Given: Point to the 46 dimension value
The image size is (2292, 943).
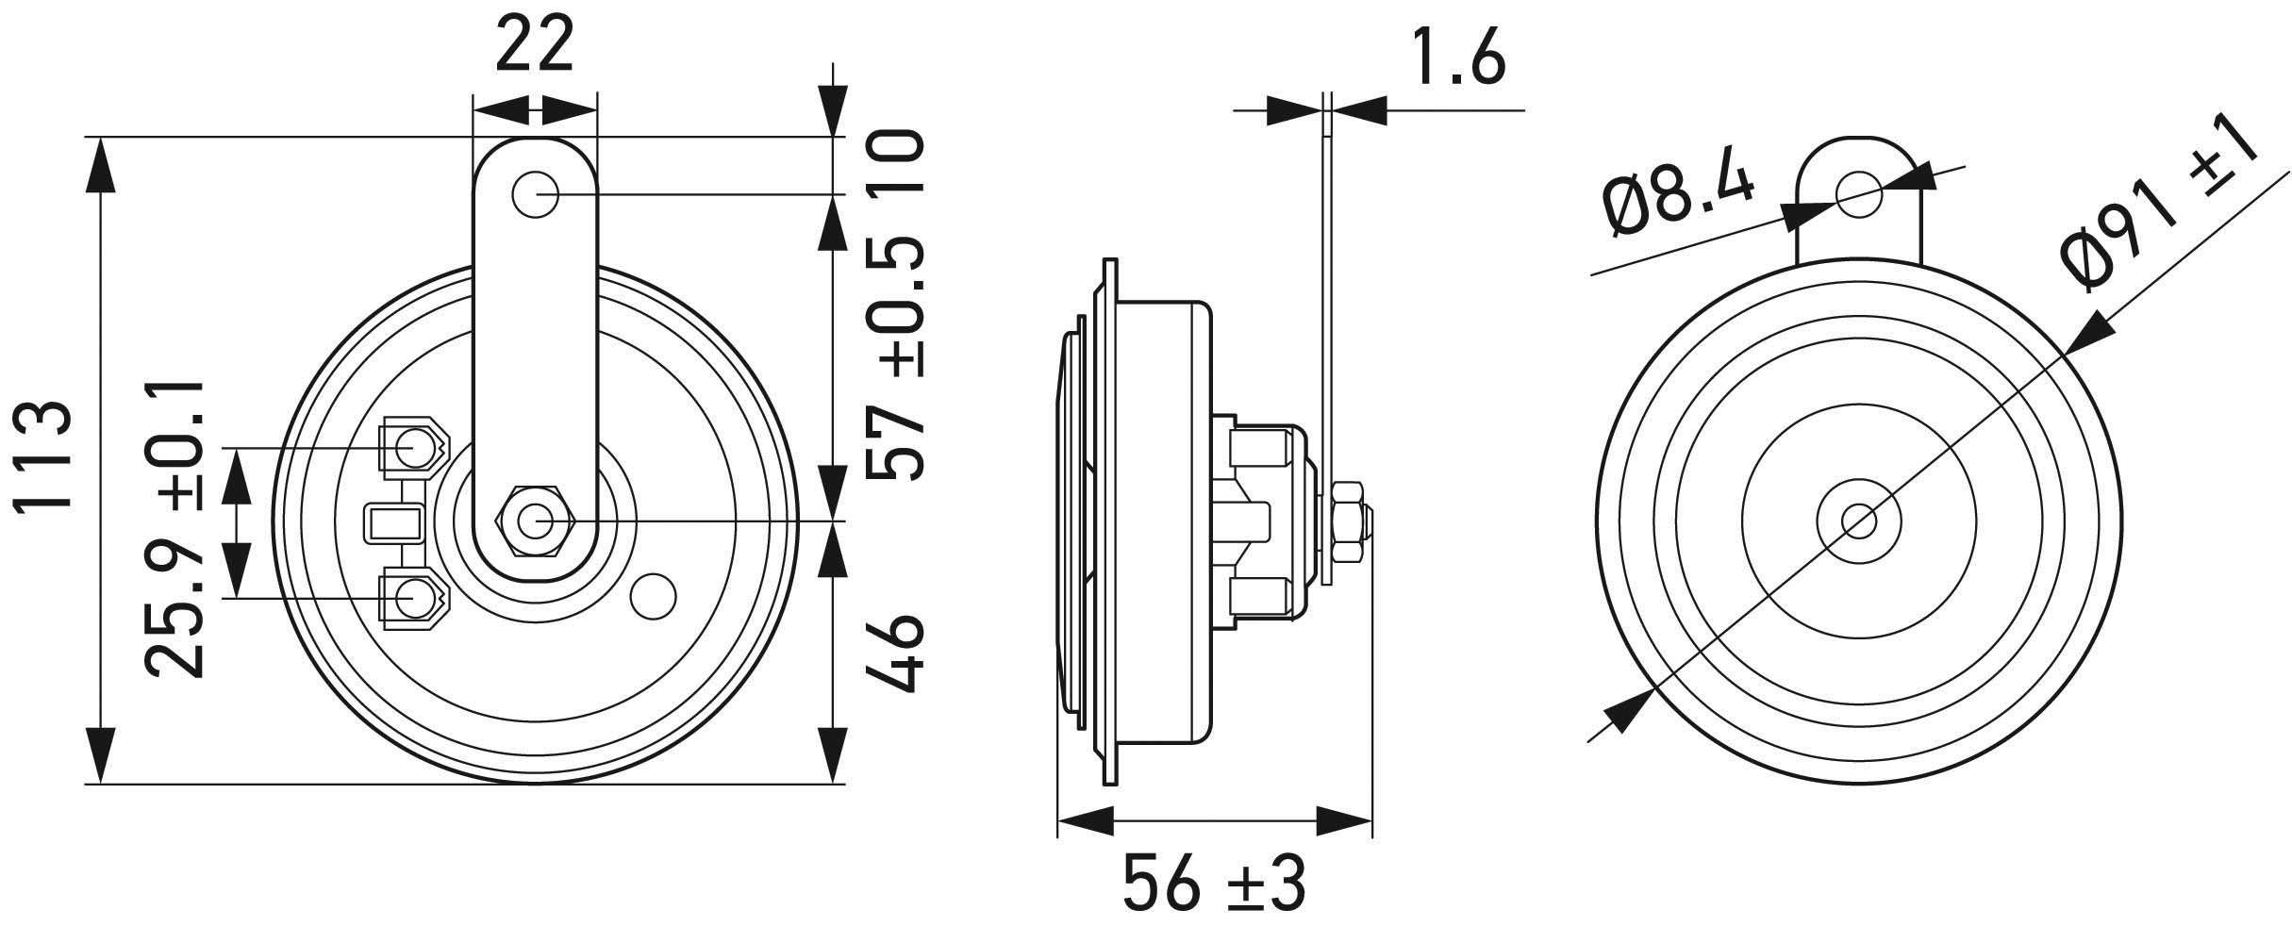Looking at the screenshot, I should pos(892,653).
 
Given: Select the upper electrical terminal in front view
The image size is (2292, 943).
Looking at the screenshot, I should pos(413,447).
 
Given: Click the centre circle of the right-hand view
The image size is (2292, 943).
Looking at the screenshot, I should pos(1857,520).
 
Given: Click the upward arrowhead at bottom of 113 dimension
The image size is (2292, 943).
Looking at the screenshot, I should pos(100,754).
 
